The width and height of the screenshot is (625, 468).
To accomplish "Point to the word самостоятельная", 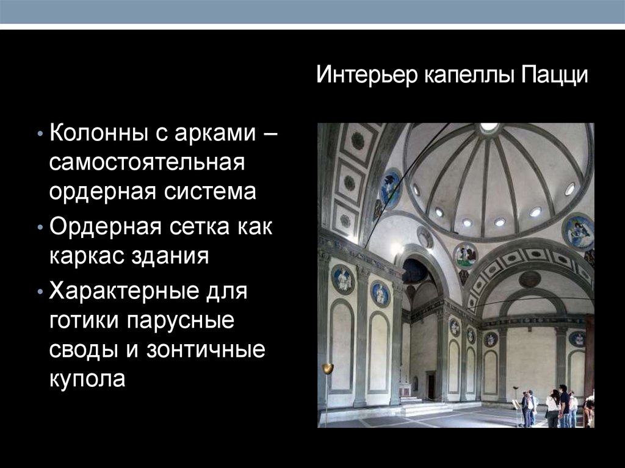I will (147, 162).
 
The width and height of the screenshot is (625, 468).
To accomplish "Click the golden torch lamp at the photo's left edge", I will (328, 369).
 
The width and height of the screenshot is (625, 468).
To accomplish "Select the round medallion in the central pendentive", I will (466, 255).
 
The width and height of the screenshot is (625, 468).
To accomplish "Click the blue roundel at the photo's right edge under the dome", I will (578, 232).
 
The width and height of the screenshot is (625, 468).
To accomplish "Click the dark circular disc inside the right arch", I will (529, 279).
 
